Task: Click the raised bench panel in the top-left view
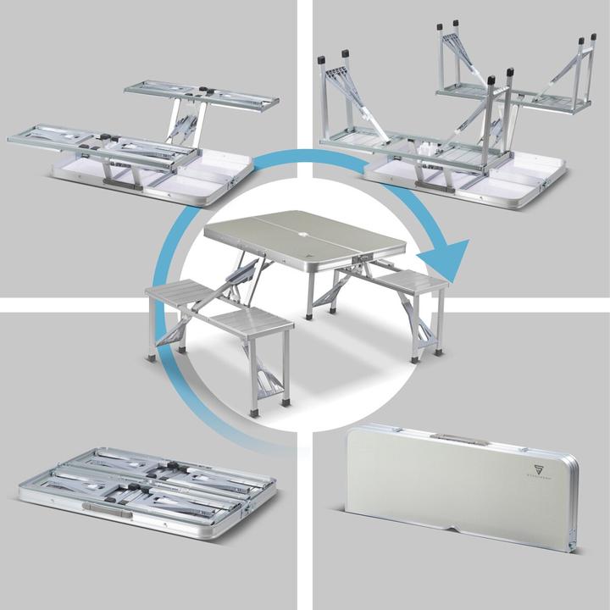tap(202, 94)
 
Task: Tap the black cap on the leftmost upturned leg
tap(322, 59)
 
